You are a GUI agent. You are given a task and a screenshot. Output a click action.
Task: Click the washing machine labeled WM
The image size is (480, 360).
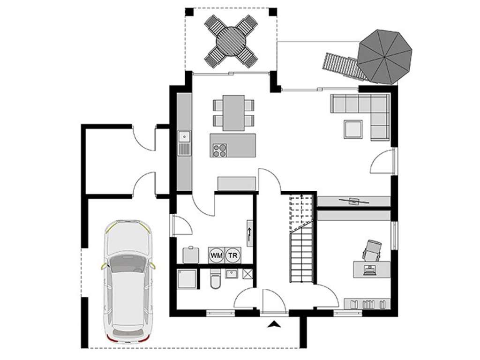pyautogui.click(x=217, y=255)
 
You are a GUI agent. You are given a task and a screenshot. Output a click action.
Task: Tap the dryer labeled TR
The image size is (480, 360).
pyautogui.click(x=232, y=255)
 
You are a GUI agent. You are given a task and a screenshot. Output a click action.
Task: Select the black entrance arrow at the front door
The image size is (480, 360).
pyautogui.click(x=274, y=323)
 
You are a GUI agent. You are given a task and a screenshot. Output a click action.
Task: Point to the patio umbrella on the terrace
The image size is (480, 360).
pyautogui.click(x=385, y=57)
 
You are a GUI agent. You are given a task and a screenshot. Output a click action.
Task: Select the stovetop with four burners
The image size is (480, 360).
pyautogui.click(x=219, y=150)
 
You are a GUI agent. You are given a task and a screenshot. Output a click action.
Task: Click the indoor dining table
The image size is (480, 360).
pyautogui.click(x=233, y=112)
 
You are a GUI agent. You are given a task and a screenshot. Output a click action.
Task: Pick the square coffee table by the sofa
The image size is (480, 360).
pyautogui.click(x=353, y=129)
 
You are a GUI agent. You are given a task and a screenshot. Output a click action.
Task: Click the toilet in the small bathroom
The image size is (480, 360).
pyautogui.click(x=214, y=280)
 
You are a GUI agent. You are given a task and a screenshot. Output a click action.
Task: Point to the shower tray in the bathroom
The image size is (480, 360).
pyautogui.click(x=187, y=279)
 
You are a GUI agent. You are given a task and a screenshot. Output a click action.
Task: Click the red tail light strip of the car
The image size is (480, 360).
pyautogui.click(x=126, y=339)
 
